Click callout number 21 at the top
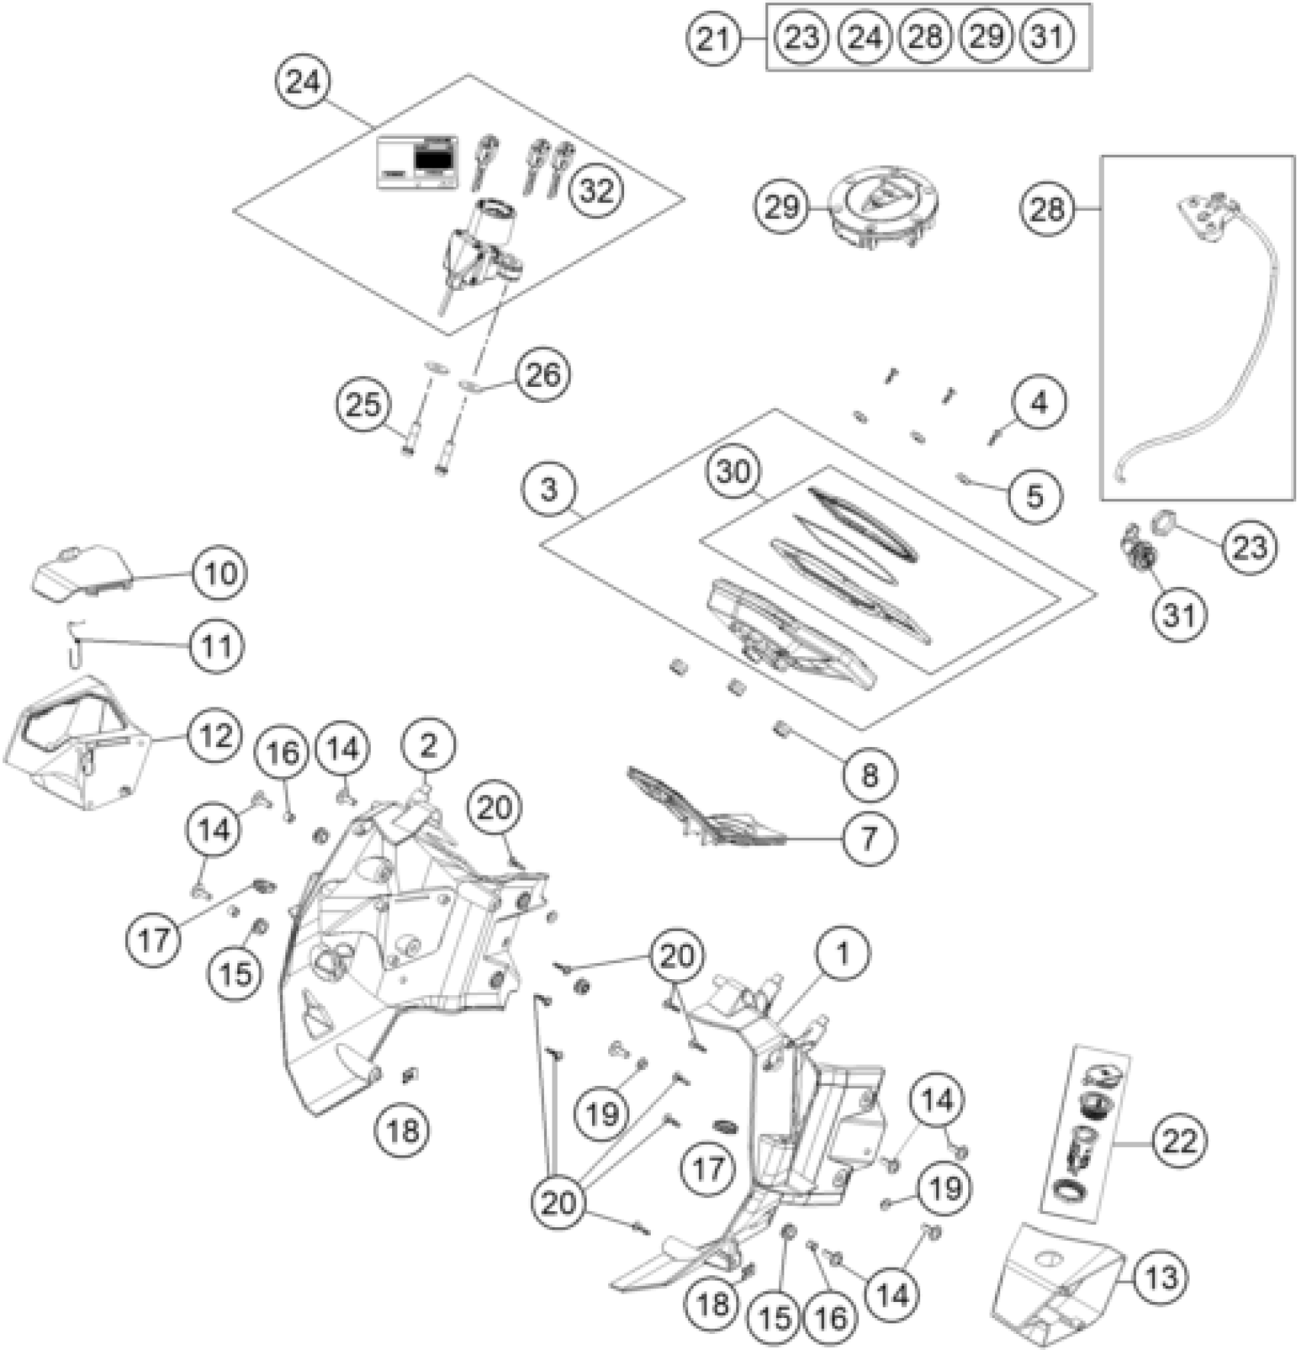713,37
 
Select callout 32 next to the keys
596,190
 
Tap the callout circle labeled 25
363,404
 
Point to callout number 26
542,374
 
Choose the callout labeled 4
1039,402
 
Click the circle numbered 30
733,472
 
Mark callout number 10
220,572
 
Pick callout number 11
217,646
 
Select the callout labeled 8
869,775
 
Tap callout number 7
868,838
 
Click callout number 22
1178,1142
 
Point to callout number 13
1160,1276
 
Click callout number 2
428,745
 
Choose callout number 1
842,953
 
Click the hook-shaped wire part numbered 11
73,643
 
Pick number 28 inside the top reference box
925,37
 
